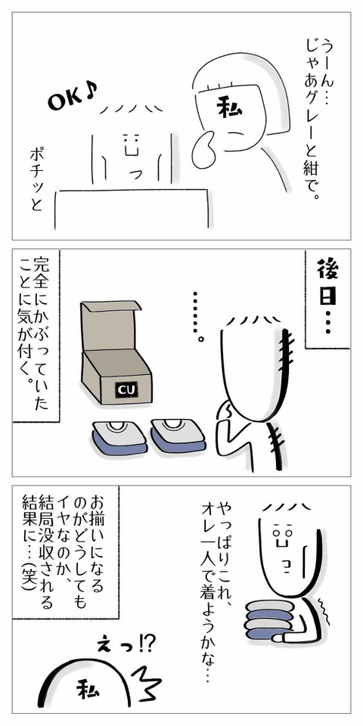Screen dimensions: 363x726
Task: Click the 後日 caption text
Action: tap(327, 297)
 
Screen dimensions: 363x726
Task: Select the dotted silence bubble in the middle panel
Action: tap(197, 315)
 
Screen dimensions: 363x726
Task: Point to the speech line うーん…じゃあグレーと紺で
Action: tap(313, 118)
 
